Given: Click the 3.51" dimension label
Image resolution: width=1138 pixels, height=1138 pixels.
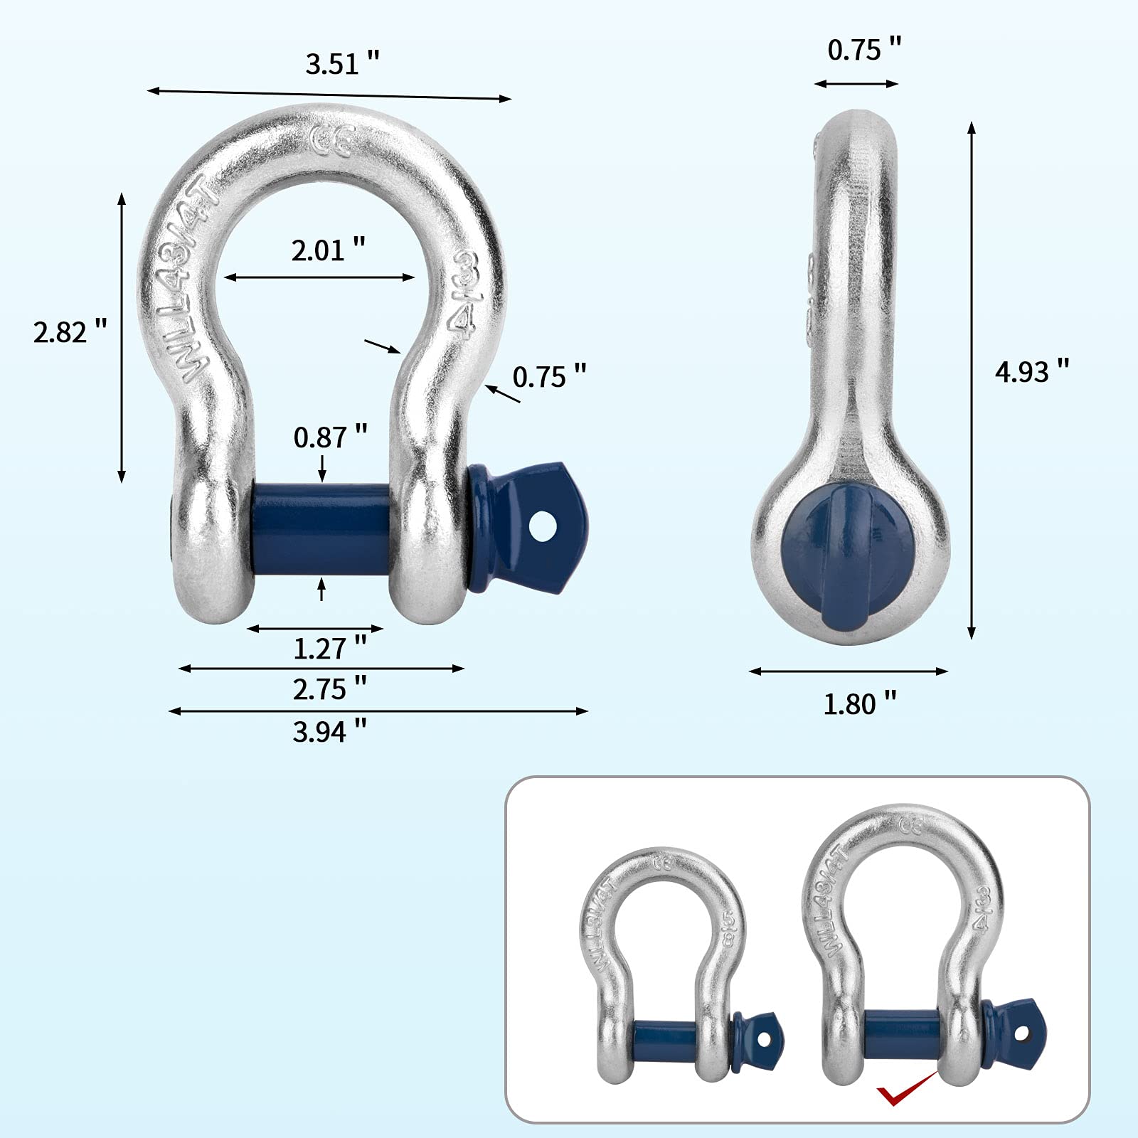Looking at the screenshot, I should [x=342, y=64].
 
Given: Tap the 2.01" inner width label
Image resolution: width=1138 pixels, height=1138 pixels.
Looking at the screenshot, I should [x=328, y=250].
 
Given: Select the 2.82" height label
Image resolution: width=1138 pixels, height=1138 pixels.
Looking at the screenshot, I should [x=70, y=332].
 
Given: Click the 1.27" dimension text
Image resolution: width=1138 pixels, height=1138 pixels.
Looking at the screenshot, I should [x=329, y=648].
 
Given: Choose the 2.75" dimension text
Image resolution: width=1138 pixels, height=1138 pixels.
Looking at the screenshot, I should [x=329, y=689].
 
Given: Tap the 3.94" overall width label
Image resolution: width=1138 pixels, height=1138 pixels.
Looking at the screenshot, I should [x=329, y=731].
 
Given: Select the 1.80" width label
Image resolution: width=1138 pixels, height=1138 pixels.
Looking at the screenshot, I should [x=859, y=704].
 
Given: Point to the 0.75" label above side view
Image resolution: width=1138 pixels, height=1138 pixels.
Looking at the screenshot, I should [x=863, y=50].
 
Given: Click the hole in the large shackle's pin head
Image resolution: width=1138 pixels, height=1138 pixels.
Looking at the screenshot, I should [x=545, y=526].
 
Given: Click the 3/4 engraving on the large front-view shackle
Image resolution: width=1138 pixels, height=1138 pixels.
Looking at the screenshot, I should [x=464, y=292].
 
